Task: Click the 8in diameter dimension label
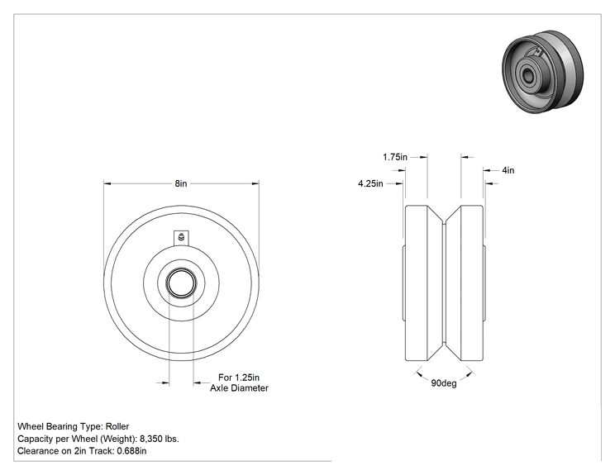coord(181,183)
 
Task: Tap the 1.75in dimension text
coord(395,157)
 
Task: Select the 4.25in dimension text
coord(370,183)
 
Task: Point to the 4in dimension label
coord(508,170)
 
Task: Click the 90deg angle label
coord(444,383)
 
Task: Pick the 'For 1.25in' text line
coord(238,378)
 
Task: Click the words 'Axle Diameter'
coord(239,388)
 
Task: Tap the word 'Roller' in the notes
coord(117,426)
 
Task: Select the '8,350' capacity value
coord(151,439)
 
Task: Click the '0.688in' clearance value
coord(131,451)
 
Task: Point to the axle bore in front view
coord(181,283)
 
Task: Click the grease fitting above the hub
coord(181,238)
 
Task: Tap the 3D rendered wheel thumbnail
coord(543,72)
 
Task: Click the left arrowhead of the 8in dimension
coord(107,183)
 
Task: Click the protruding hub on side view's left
coord(403,283)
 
